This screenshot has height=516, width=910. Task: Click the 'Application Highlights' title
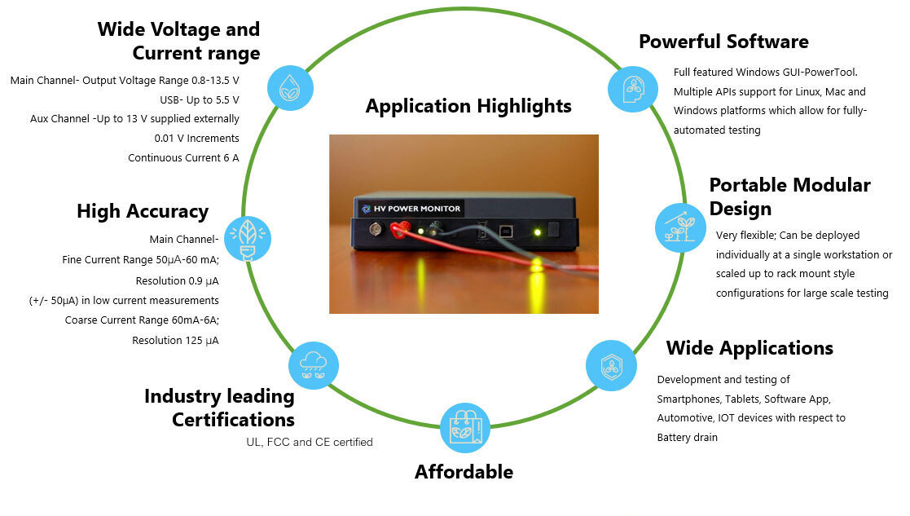pyautogui.click(x=468, y=107)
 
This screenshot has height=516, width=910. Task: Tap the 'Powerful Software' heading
pyautogui.click(x=723, y=42)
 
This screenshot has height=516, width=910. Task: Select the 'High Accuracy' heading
pyautogui.click(x=143, y=212)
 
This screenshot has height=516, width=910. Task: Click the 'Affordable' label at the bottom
pyautogui.click(x=464, y=472)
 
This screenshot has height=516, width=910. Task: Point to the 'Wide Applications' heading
pyautogui.click(x=750, y=349)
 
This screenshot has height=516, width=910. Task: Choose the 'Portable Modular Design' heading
pyautogui.click(x=789, y=196)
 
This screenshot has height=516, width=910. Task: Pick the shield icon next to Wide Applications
pyautogui.click(x=612, y=365)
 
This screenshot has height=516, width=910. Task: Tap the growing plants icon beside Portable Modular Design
pyautogui.click(x=680, y=227)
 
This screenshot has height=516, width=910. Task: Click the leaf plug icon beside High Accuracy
pyautogui.click(x=247, y=238)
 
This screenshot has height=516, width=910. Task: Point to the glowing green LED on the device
pyautogui.click(x=538, y=232)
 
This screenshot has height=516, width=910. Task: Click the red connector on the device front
pyautogui.click(x=399, y=231)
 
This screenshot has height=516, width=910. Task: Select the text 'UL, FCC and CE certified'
pyautogui.click(x=310, y=443)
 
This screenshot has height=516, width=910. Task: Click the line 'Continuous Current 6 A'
pyautogui.click(x=183, y=158)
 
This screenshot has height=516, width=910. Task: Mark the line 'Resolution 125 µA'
pyautogui.click(x=175, y=341)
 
